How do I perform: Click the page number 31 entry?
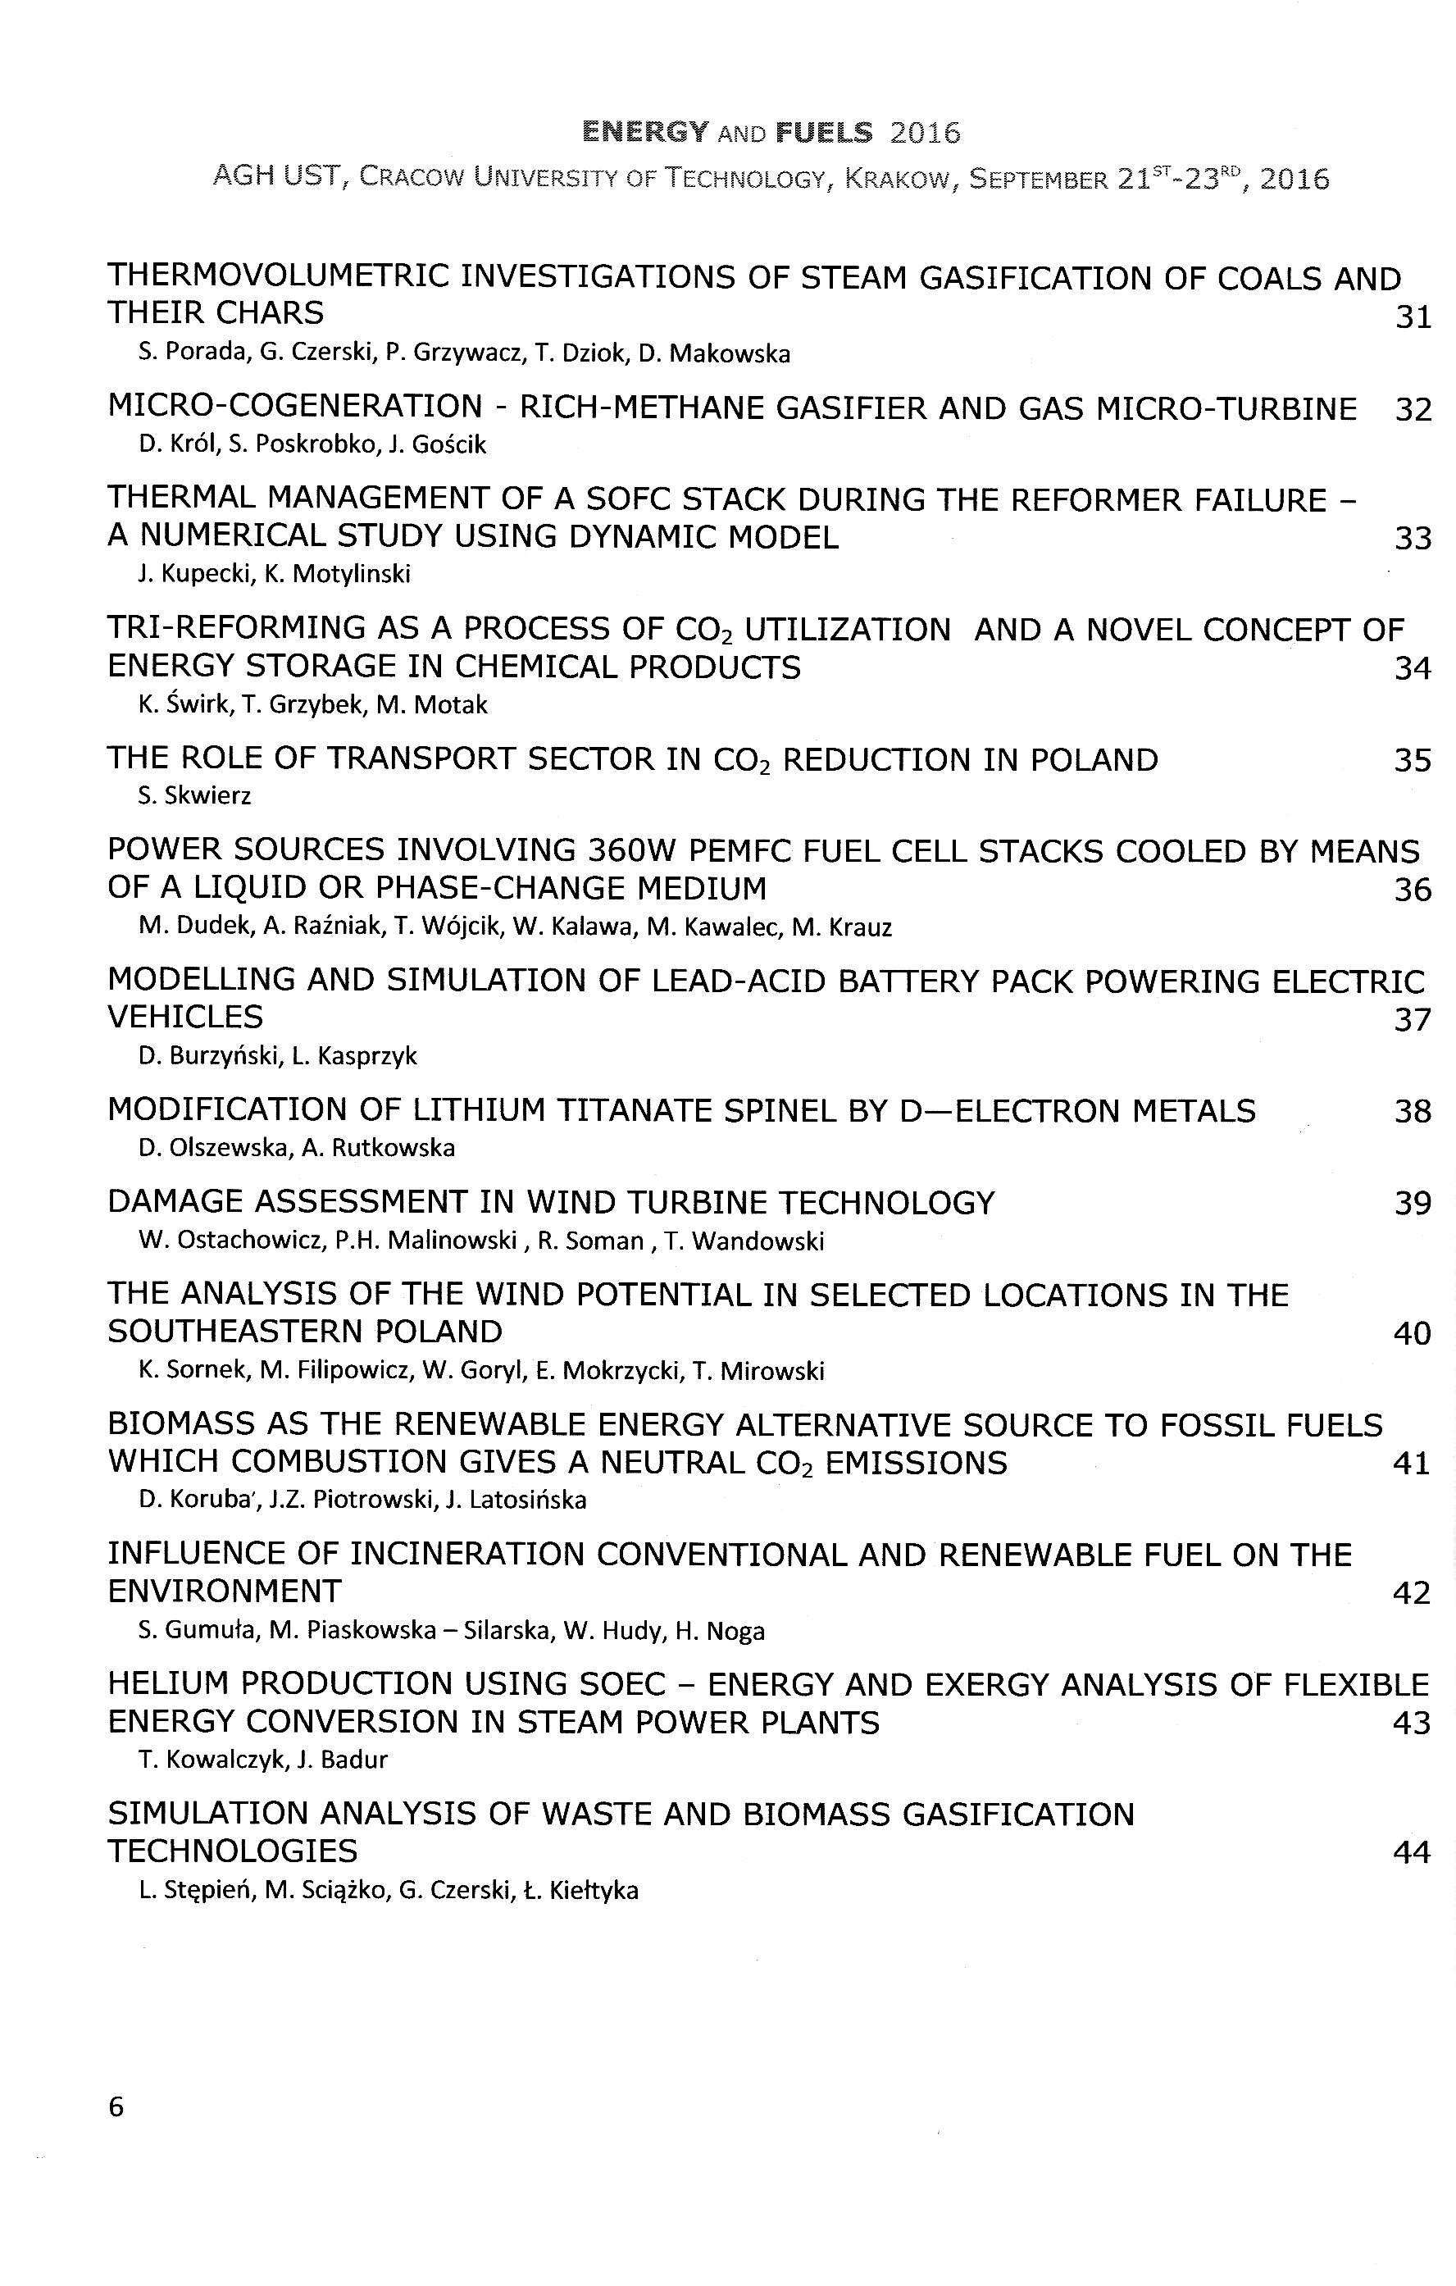click(1413, 317)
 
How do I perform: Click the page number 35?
click(1413, 760)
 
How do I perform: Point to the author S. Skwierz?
click(194, 795)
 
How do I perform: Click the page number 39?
click(1413, 1203)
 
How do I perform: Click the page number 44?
click(1412, 1852)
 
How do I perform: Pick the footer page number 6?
click(116, 2106)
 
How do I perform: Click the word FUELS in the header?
click(824, 132)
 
